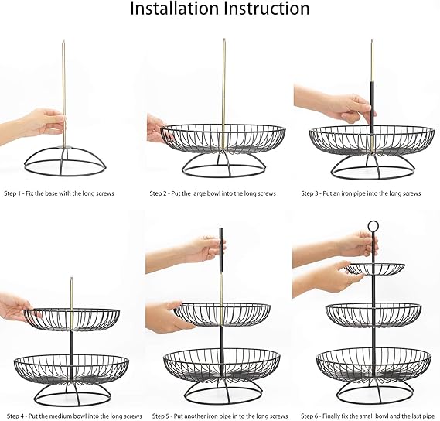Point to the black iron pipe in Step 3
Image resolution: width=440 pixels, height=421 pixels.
tap(370, 116)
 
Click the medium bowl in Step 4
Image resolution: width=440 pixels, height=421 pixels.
tap(72, 319)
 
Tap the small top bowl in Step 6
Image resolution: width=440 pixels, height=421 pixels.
tap(375, 269)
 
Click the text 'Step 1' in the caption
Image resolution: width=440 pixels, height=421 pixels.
tap(13, 193)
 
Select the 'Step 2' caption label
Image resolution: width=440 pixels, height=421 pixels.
tap(159, 193)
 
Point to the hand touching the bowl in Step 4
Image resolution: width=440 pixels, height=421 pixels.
tap(15, 307)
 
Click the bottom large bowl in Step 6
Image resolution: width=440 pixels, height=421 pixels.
tap(373, 364)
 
